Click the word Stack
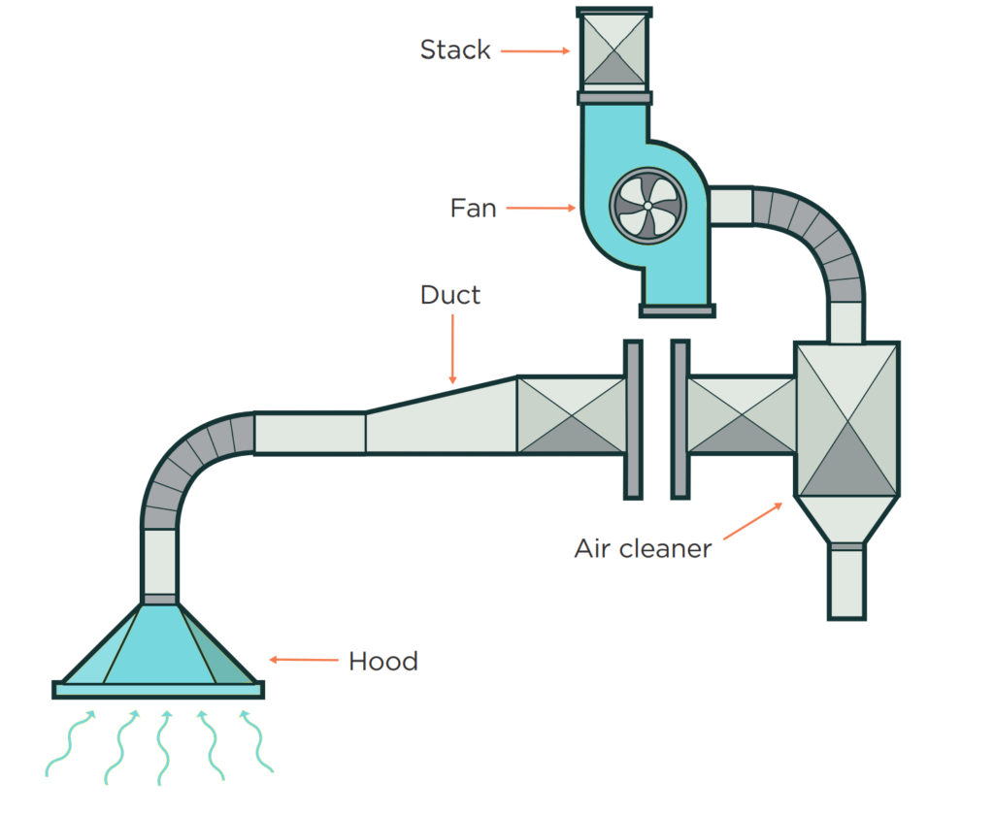(454, 49)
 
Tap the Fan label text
(473, 208)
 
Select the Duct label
(450, 295)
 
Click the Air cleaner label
(643, 548)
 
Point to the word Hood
(382, 662)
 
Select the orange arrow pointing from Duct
(452, 348)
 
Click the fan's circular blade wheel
(647, 205)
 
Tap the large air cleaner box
(846, 419)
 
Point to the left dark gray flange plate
(633, 419)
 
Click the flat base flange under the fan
(677, 310)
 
